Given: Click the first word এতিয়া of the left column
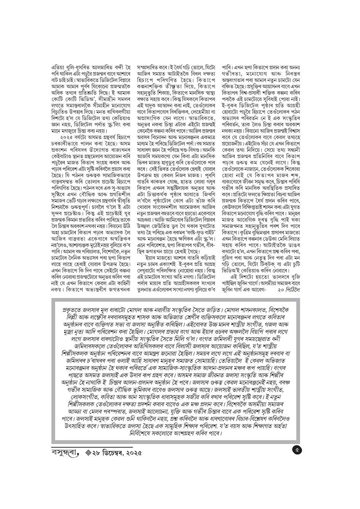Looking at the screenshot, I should (59, 67).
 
